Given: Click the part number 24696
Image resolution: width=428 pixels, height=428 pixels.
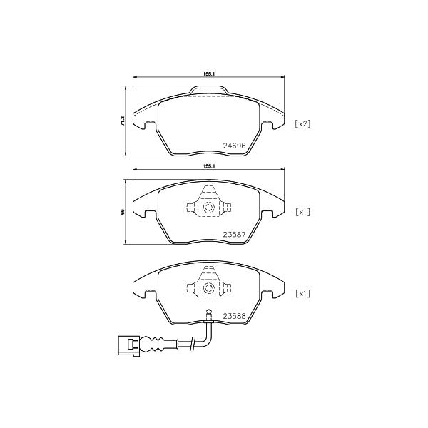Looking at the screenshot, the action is [x=235, y=146].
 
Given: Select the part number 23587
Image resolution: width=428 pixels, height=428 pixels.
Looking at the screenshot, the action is [x=235, y=234].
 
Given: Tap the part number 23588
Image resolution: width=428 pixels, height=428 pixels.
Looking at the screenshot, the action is [x=235, y=316].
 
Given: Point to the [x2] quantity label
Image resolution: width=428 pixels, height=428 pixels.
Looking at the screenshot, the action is [x=302, y=123].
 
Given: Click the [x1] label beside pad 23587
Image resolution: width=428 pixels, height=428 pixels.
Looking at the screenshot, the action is [x=302, y=212].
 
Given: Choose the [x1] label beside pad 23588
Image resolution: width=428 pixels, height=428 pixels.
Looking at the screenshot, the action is [x=302, y=294].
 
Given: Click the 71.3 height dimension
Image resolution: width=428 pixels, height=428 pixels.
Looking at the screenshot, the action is [x=123, y=121].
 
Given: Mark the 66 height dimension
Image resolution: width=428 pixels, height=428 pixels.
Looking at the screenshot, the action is [x=123, y=212].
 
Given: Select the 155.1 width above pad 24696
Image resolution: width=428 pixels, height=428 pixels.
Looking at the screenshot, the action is [x=209, y=73].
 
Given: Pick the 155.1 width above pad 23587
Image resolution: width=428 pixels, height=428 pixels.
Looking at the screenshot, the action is [x=209, y=166].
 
